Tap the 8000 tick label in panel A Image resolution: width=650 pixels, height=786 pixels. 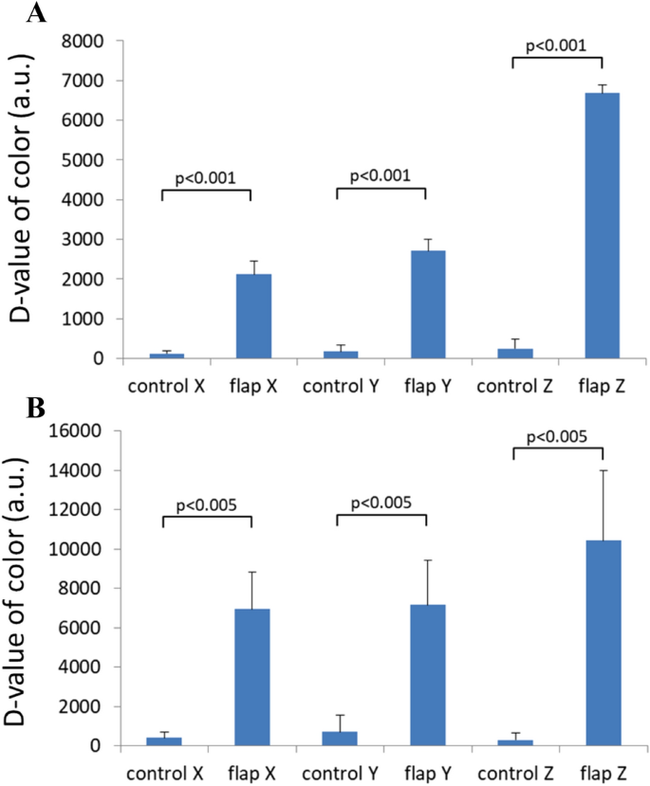tap(81, 41)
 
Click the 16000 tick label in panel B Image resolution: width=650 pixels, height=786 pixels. tap(76, 430)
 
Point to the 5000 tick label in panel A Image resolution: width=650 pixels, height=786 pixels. tap(81, 160)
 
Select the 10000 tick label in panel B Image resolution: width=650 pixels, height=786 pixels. tap(76, 549)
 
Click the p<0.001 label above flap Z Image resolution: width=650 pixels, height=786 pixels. tap(557, 44)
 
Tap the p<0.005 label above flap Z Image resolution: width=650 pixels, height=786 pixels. tap(557, 435)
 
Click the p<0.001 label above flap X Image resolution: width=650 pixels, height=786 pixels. tap(208, 176)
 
